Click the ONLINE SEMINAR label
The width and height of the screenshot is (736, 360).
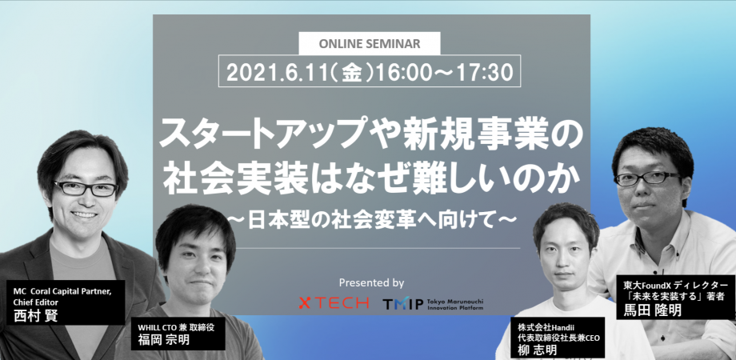pyautogui.click(x=370, y=44)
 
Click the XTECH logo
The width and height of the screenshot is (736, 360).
pyautogui.click(x=334, y=302)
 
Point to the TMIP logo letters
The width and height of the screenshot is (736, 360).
pyautogui.click(x=402, y=304)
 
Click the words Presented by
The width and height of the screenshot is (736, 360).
pyautogui.click(x=371, y=283)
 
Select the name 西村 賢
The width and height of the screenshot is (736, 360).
pyautogui.click(x=36, y=315)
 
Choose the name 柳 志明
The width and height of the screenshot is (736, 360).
pyautogui.click(x=537, y=350)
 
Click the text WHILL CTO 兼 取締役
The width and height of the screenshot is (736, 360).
pyautogui.click(x=176, y=328)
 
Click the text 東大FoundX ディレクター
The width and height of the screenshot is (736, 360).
pyautogui.click(x=675, y=285)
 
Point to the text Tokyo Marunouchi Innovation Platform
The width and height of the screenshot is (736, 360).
pyautogui.click(x=456, y=304)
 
